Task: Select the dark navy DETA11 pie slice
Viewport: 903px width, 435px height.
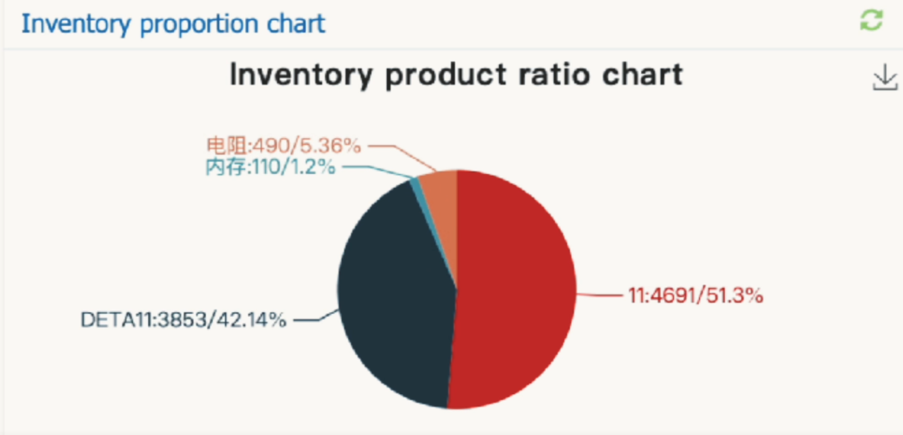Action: (x=393, y=293)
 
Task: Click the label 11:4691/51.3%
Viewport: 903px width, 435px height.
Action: (x=695, y=295)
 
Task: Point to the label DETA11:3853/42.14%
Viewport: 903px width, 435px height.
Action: (x=184, y=320)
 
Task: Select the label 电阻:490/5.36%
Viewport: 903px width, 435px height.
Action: (x=283, y=146)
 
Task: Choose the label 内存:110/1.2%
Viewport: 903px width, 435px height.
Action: (x=270, y=167)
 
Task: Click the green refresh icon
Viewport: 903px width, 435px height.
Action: (x=871, y=21)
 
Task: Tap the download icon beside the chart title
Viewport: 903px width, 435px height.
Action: (x=885, y=79)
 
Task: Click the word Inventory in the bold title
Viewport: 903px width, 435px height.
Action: (x=300, y=74)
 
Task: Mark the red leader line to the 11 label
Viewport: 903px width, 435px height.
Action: (x=600, y=294)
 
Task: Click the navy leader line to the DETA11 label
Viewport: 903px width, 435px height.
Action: (x=311, y=319)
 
